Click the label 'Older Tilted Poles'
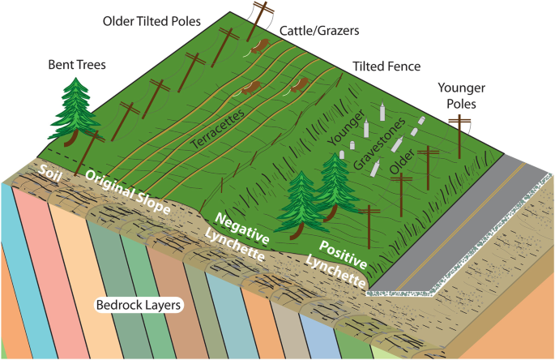(152, 21)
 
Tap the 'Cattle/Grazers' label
(319, 31)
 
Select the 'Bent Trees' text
(77, 65)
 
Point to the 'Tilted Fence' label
(386, 66)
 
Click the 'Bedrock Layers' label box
(139, 305)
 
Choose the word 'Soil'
(49, 173)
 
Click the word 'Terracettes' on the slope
(218, 129)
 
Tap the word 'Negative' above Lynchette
(242, 229)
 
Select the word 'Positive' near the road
(343, 255)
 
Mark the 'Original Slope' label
(128, 191)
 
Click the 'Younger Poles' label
(461, 96)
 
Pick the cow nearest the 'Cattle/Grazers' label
(260, 46)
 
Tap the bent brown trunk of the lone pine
(73, 139)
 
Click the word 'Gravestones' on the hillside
(379, 144)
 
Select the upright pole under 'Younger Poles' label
(459, 136)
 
